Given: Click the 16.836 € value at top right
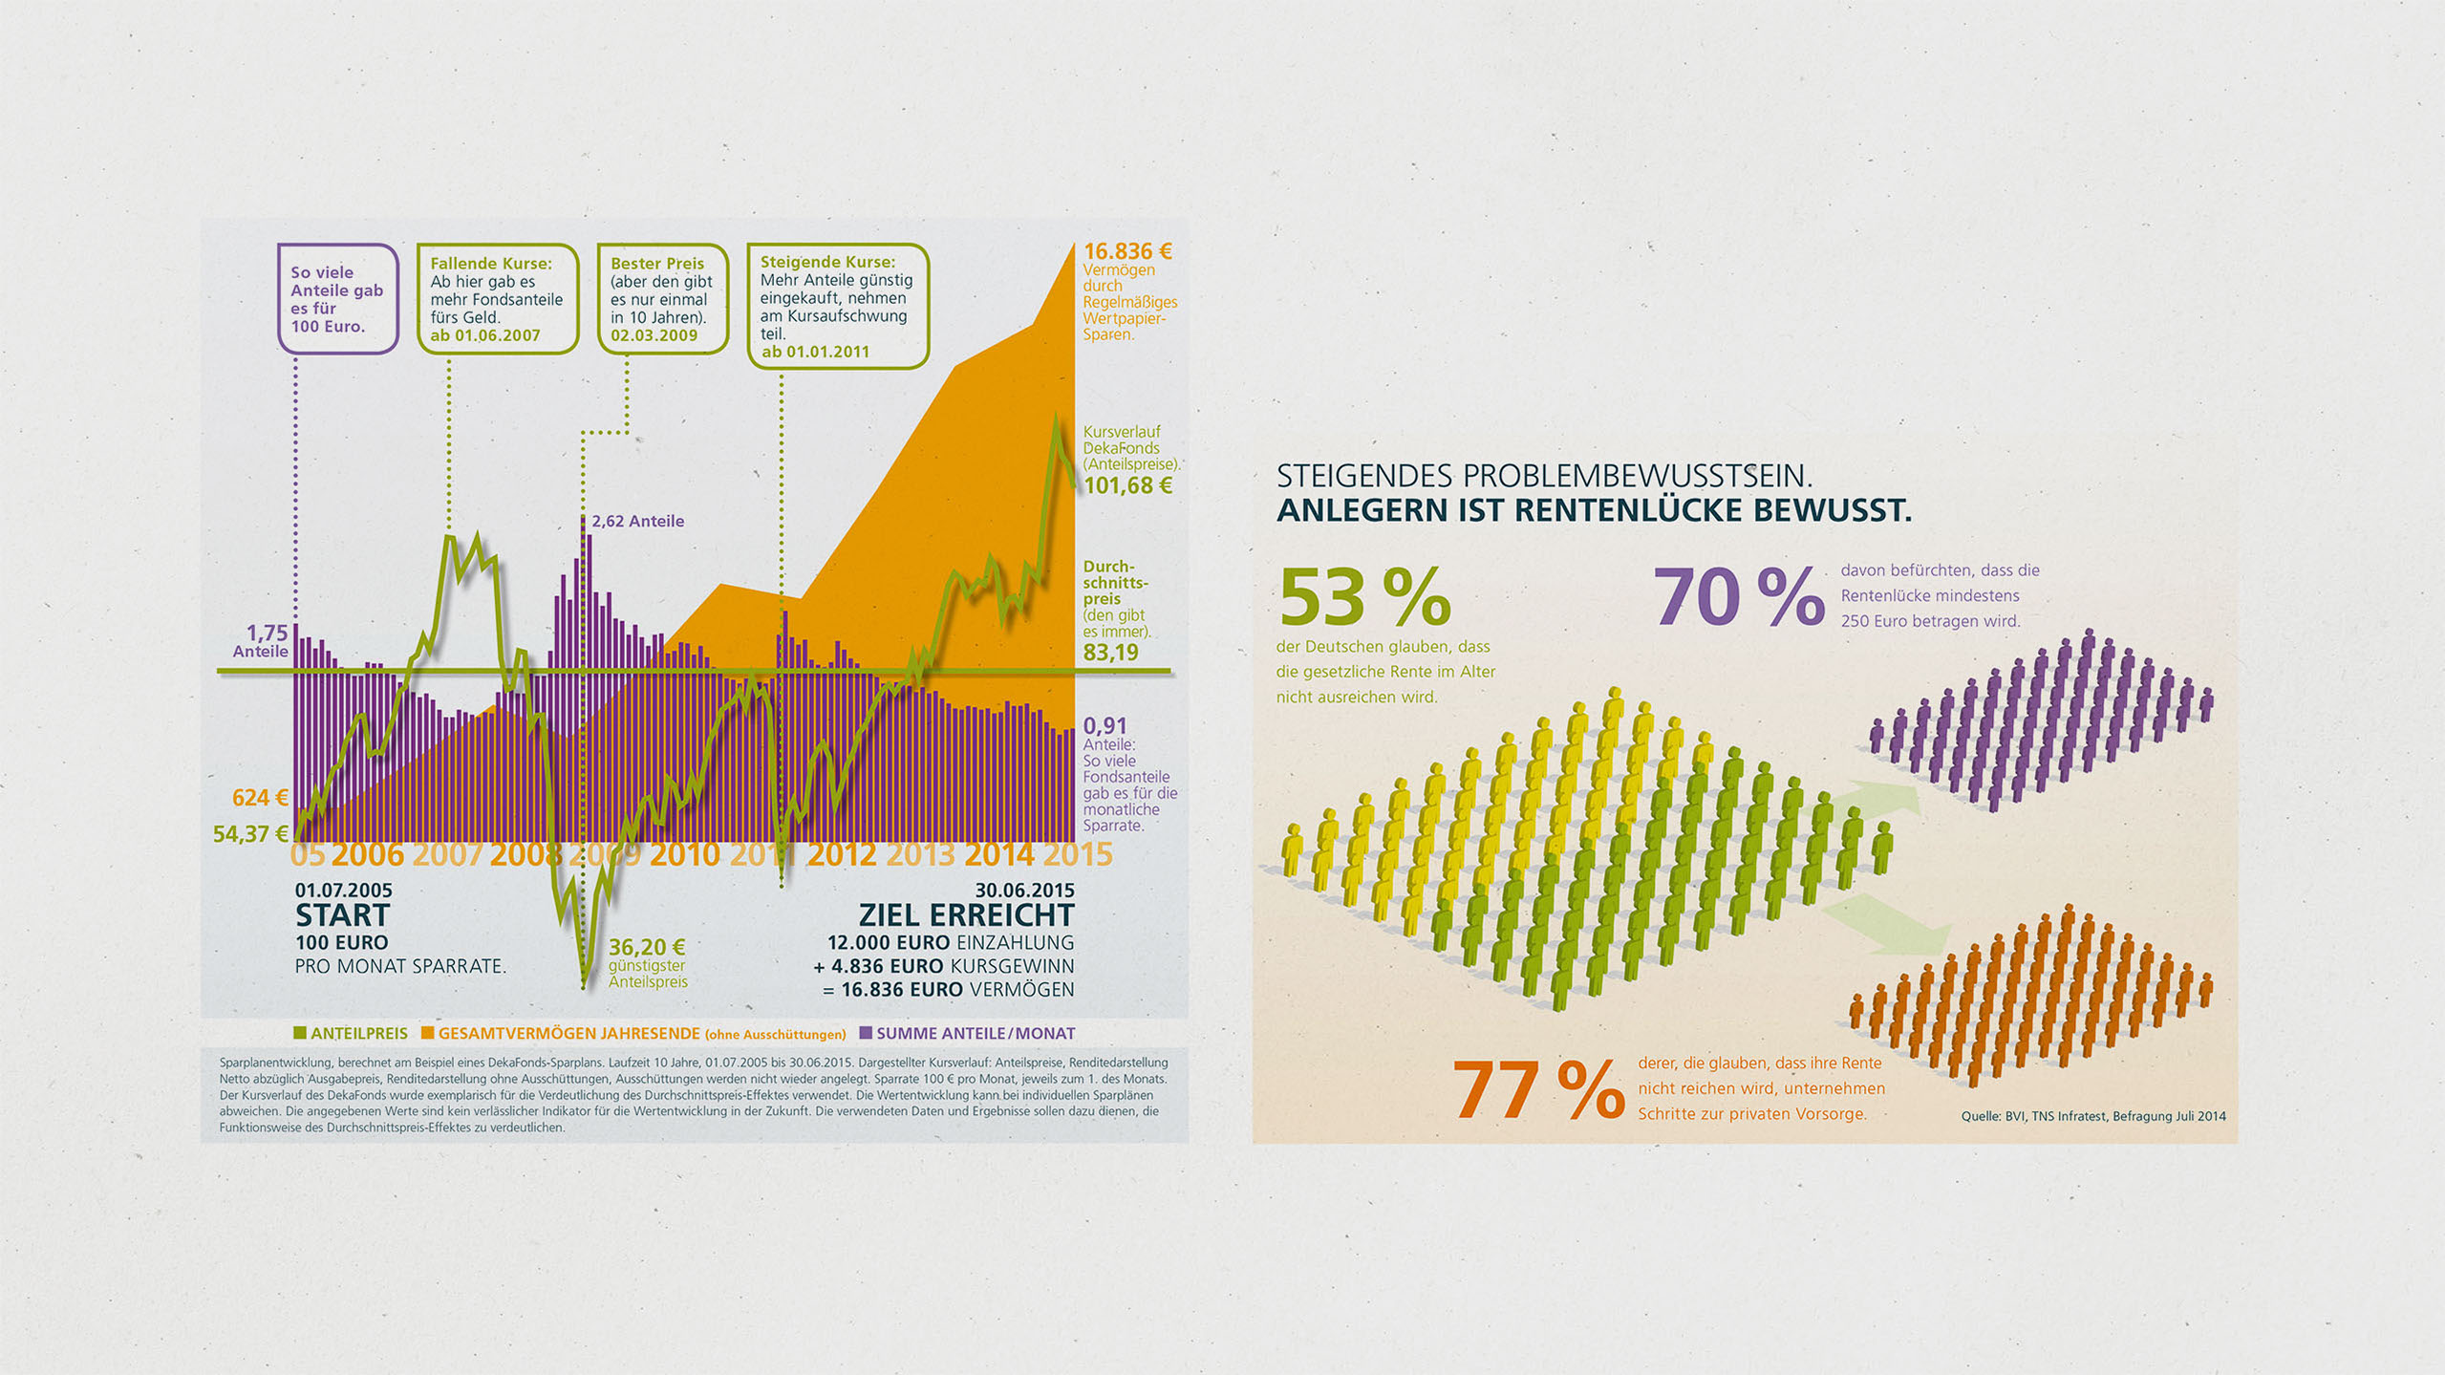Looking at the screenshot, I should pos(1126,251).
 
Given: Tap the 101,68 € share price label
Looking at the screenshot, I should pos(1127,485).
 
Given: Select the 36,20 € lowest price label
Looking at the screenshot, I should pos(647,947).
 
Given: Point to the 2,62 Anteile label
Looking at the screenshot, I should pos(637,521).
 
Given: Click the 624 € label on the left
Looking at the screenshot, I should pos(260,797).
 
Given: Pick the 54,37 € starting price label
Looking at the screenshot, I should pos(250,834).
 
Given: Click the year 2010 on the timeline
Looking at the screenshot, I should pos(684,854).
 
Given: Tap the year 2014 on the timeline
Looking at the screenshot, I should pos(998,854).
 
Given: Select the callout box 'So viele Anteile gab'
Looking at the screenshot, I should pos(337,299).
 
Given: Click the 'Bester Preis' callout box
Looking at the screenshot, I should pos(662,299).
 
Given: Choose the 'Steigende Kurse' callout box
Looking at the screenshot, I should pos(837,306).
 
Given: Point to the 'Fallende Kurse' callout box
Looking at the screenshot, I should pos(497,299).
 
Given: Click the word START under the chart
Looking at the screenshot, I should pos(342,915).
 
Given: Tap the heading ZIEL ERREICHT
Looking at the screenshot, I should pos(966,915).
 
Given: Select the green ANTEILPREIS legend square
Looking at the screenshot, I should pos(300,1033).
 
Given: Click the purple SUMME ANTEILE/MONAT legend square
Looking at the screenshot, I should pos(866,1033).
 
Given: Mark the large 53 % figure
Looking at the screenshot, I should pos(1364,597).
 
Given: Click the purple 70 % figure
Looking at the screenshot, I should pos(1738,597).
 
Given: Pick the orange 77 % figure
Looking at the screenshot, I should pos(1537,1089).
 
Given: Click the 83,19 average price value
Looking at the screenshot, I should pos(1110,653).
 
